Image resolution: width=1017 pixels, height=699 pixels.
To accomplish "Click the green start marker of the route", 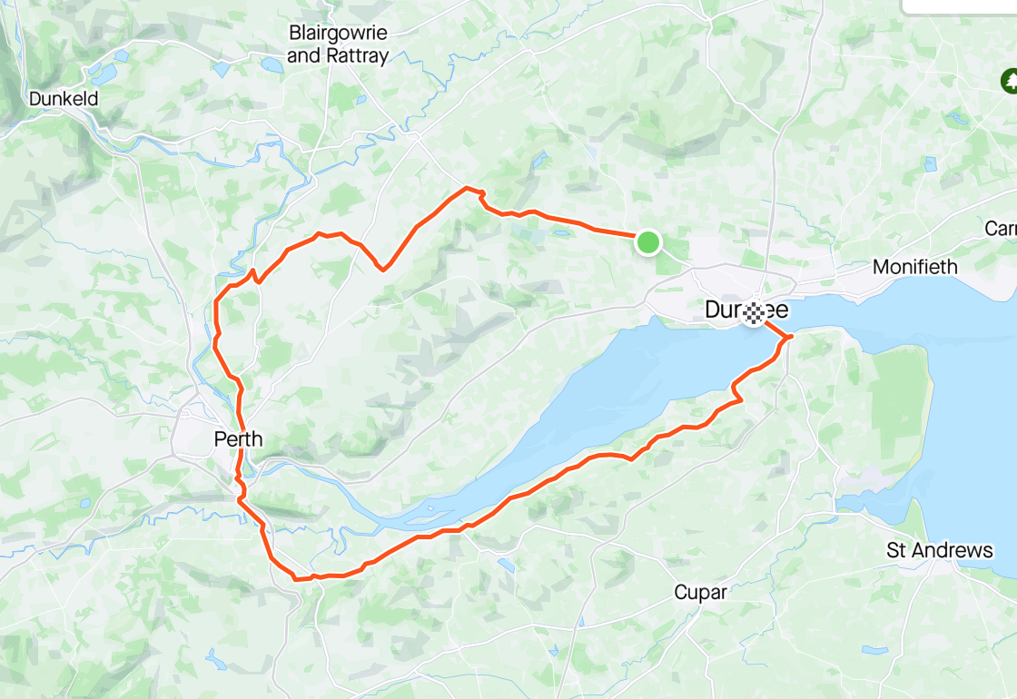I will pos(647,242).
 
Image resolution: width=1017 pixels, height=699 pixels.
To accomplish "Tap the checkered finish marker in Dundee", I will pos(754,315).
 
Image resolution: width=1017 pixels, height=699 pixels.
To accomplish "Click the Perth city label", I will pos(238,439).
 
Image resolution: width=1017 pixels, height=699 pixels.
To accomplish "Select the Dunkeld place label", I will pos(64,98).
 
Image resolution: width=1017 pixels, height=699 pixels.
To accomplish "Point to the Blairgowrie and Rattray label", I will pos(338,44).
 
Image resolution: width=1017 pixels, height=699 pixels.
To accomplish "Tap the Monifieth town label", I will pos(915,267).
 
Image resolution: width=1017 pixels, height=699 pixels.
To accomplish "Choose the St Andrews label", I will pos(940,550).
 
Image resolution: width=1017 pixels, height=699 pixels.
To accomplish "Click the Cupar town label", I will pos(700,593).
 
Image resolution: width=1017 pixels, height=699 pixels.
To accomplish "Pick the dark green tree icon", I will pos(1008,82).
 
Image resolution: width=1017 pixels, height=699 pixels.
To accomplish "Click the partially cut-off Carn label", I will pos(1001,229).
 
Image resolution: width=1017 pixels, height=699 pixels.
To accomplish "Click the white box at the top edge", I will pos(959,6).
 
